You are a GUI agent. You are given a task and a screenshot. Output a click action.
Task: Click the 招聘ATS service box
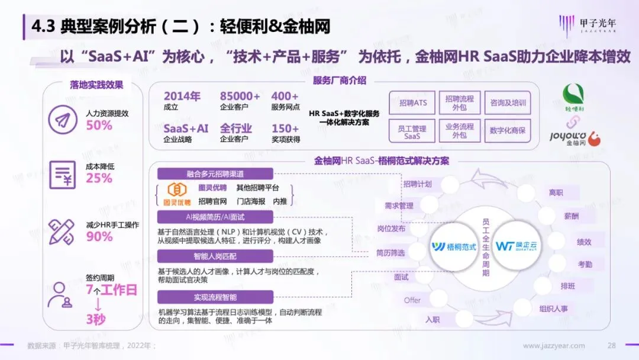point(412,102)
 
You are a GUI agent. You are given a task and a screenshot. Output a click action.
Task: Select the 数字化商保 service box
point(508,130)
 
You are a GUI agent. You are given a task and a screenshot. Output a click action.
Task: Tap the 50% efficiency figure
point(99,125)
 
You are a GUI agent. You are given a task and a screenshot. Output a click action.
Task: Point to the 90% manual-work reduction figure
point(99,236)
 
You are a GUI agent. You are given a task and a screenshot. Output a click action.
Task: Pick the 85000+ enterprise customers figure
point(240,96)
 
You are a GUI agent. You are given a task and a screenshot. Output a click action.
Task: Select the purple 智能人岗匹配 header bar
point(215,256)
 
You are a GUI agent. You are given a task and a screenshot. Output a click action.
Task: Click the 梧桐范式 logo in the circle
point(454,246)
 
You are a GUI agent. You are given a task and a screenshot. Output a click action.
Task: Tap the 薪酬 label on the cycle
point(571,216)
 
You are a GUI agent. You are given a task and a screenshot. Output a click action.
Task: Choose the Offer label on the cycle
point(412,300)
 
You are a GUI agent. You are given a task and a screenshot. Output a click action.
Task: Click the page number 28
point(612,346)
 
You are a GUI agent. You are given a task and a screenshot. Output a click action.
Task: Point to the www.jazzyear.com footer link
point(554,346)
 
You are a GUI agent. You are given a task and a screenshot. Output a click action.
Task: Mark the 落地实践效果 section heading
point(96,85)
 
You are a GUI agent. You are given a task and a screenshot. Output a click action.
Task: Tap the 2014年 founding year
point(182,96)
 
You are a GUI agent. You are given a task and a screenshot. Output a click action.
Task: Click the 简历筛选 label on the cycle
point(390,253)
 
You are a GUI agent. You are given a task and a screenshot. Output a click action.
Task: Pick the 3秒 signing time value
point(96,319)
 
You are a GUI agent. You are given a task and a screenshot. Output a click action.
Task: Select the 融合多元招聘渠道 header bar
point(215,173)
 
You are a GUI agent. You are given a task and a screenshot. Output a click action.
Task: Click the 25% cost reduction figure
point(99,178)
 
